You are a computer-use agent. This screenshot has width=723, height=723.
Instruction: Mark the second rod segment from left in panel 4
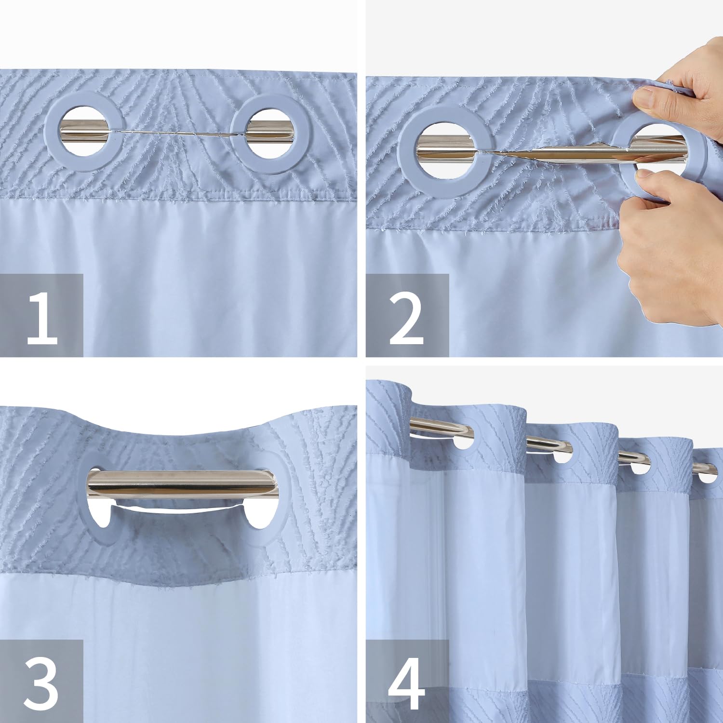pos(547,442)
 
